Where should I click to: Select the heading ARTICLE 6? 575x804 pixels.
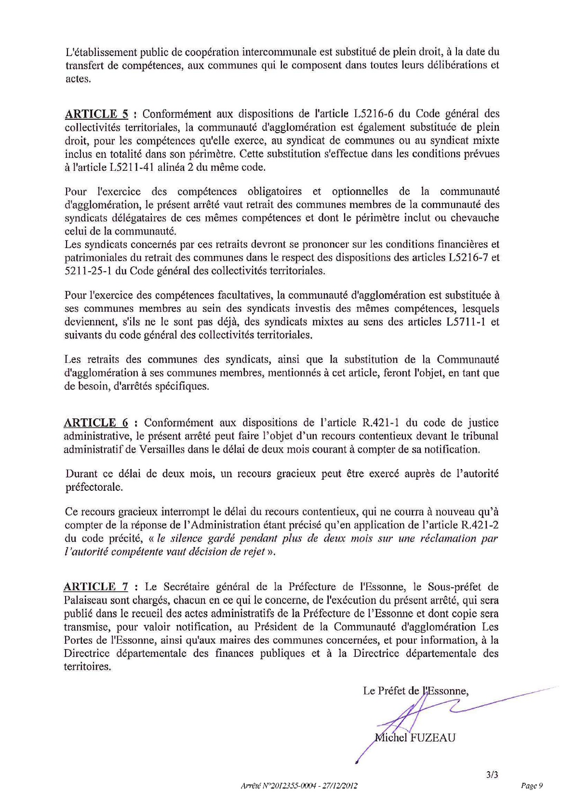click(x=96, y=423)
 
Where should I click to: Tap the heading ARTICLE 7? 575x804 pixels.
click(x=96, y=587)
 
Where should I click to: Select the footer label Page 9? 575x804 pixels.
click(x=532, y=786)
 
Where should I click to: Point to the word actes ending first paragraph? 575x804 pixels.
click(x=78, y=79)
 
